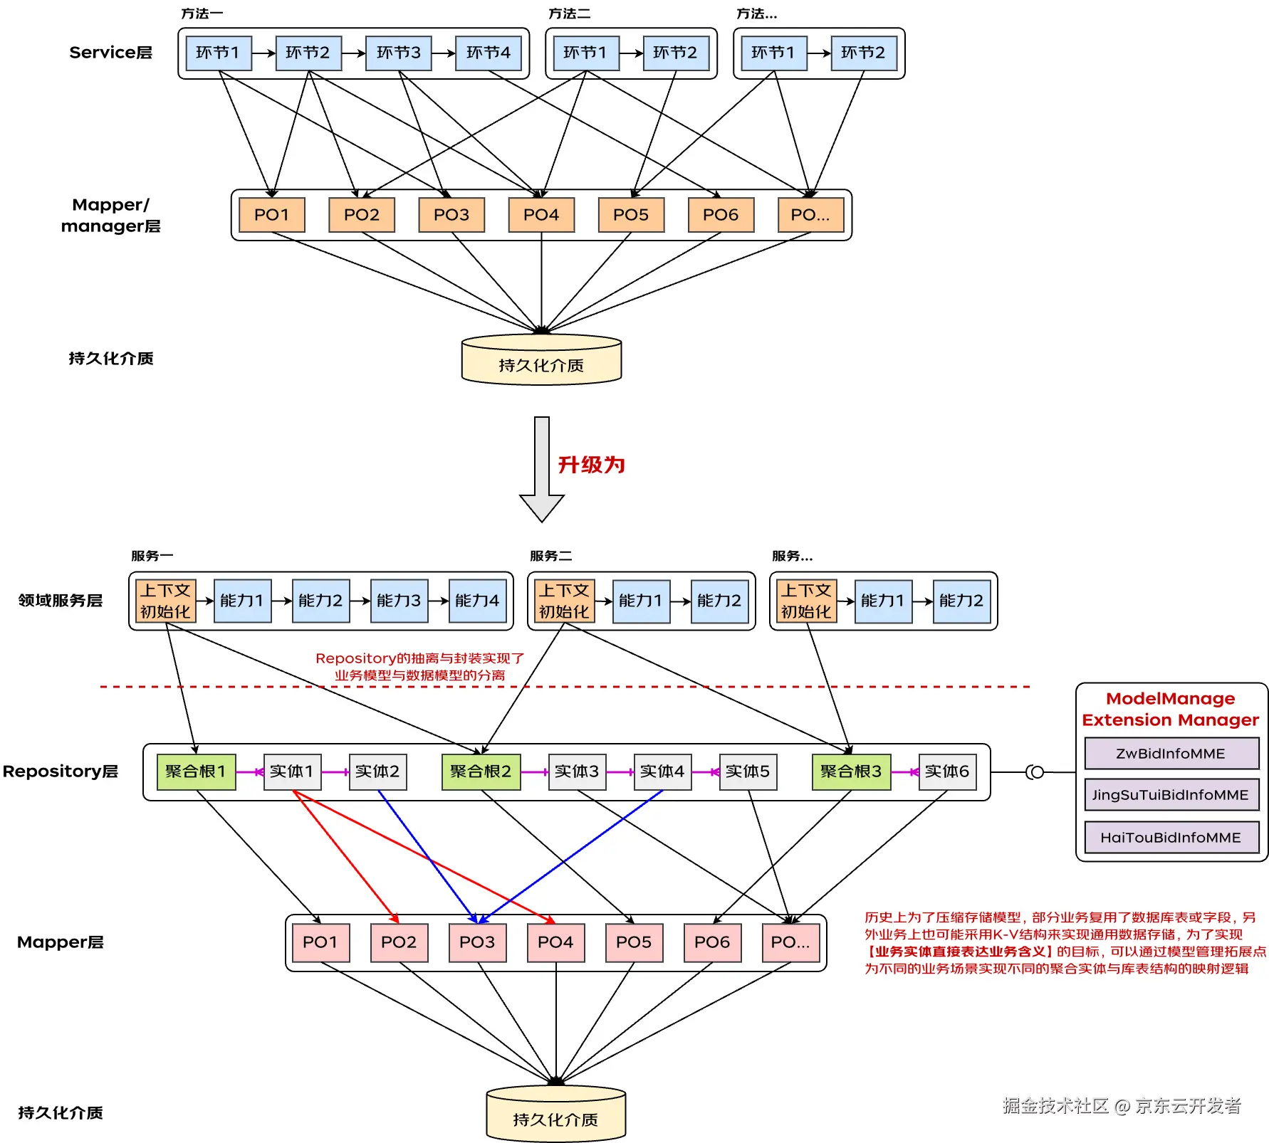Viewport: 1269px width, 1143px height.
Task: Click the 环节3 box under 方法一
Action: [x=398, y=53]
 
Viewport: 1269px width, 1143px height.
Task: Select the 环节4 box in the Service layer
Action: [x=488, y=53]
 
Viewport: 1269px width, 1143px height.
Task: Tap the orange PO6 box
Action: [x=721, y=215]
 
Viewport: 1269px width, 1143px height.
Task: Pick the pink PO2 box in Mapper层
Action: [x=399, y=942]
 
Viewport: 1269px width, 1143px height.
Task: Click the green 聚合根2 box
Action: [x=481, y=771]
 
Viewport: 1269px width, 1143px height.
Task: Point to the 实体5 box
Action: [x=748, y=771]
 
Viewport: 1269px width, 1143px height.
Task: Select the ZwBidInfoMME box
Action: [x=1171, y=754]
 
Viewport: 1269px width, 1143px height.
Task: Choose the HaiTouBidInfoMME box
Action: [x=1171, y=838]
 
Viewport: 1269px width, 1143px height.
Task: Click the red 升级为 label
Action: [x=591, y=465]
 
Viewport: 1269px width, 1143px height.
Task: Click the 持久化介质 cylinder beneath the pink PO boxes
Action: [x=555, y=1115]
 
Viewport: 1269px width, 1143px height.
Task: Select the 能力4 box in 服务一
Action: [x=477, y=601]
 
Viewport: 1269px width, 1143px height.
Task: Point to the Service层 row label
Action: [x=110, y=53]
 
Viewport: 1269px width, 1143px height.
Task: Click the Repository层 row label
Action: [x=61, y=771]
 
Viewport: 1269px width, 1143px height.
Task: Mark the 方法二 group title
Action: [x=569, y=14]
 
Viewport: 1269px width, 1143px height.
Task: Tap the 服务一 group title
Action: [x=152, y=556]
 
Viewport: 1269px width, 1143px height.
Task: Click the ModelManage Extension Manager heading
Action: [x=1171, y=710]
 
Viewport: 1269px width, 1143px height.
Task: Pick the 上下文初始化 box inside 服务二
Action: [x=564, y=601]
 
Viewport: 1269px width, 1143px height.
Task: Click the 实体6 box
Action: [x=947, y=771]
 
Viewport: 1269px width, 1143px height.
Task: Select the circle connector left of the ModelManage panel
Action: [x=1036, y=772]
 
